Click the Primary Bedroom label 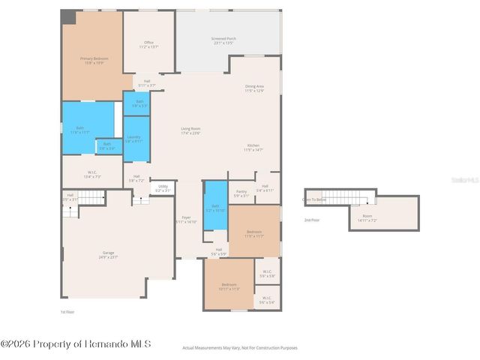coord(91,60)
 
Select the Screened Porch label coord(223,40)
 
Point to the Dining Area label coord(254,88)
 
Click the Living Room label coord(190,130)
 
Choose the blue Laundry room coord(133,139)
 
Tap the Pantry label coord(241,193)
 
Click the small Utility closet coord(163,188)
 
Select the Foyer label coord(186,220)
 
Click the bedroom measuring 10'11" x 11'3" coord(228,286)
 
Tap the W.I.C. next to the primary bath coord(91,175)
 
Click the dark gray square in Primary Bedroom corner coord(68,16)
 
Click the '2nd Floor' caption coord(311,220)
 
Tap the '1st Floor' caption coord(68,311)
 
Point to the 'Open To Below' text coord(314,199)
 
